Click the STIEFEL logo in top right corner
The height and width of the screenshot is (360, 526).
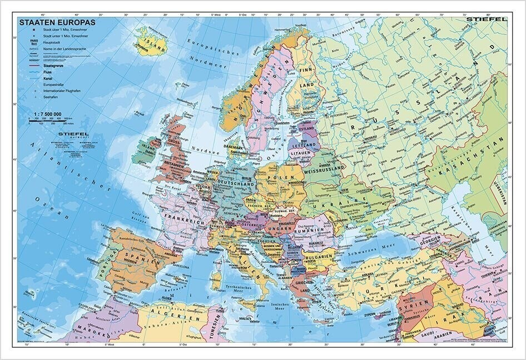click(488, 20)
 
